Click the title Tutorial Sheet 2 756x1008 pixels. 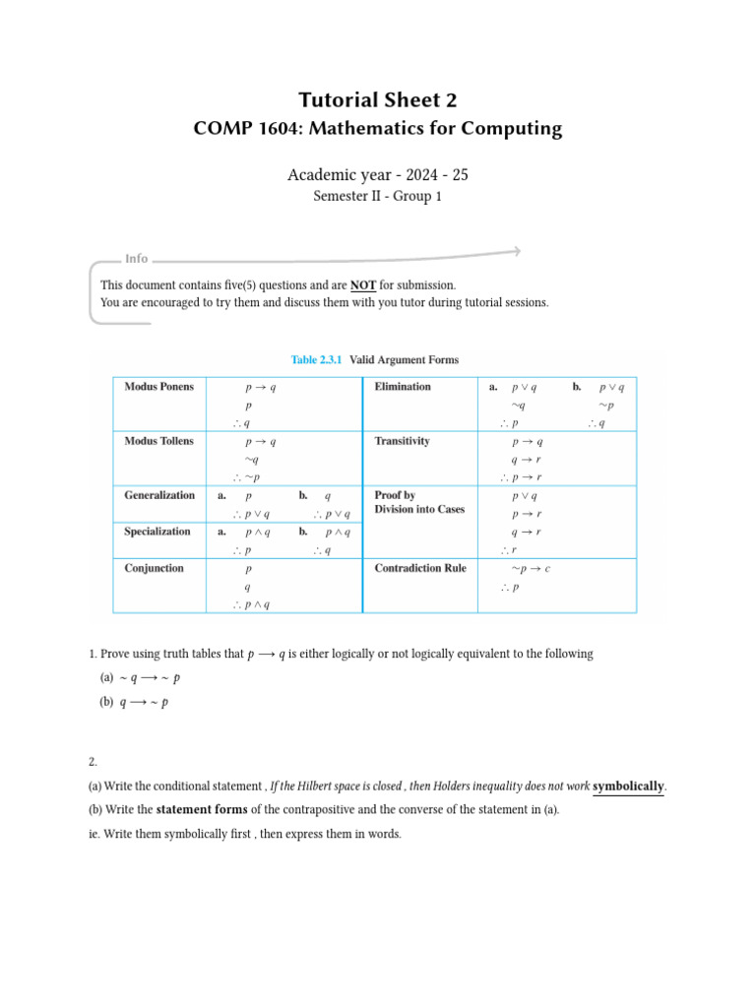pos(377,99)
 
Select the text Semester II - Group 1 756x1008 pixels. pos(377,197)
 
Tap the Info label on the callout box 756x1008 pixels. pos(136,259)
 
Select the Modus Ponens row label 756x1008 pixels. pos(158,387)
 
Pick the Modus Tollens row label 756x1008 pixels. pos(158,441)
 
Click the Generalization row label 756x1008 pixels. pos(159,495)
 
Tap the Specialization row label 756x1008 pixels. pos(157,532)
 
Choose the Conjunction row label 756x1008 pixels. pos(154,568)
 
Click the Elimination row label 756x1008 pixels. pos(403,387)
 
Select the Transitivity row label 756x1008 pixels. pos(402,441)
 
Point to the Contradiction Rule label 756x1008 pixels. pos(420,568)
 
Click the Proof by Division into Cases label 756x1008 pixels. pos(419,502)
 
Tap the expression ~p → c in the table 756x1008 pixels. pos(531,569)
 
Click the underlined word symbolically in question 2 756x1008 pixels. pos(628,786)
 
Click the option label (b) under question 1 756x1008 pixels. pos(107,703)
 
